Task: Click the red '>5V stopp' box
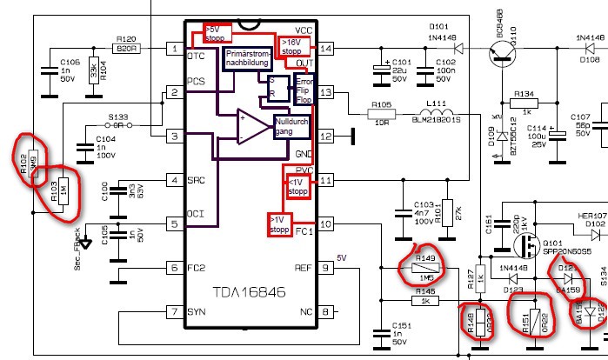coord(216,33)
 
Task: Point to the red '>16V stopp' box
coord(291,45)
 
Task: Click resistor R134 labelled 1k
coord(524,101)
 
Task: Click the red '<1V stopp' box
coord(297,184)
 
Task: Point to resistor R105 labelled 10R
coord(380,113)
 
